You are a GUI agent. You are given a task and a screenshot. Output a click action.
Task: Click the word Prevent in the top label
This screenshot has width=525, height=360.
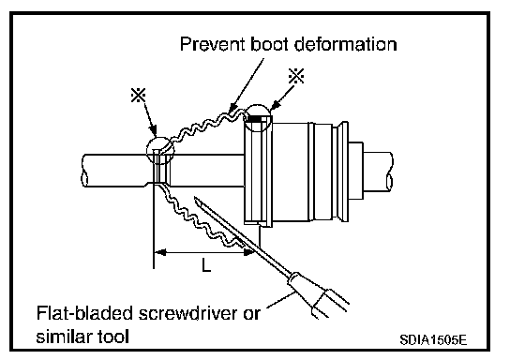213,44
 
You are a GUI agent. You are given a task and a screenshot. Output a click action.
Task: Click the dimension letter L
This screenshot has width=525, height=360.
206,264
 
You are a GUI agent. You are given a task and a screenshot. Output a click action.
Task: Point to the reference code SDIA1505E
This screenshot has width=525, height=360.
433,340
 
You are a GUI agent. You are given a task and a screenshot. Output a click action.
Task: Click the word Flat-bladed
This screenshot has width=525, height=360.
84,313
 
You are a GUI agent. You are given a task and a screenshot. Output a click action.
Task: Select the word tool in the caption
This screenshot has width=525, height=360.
113,336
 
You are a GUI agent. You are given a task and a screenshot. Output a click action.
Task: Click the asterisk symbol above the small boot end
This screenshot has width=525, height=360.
139,95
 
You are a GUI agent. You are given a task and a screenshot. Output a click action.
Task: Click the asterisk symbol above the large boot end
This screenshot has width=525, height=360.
296,76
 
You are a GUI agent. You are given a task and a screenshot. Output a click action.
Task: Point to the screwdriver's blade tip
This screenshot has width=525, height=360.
195,198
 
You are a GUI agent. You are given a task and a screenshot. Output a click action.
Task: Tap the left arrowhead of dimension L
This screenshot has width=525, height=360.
159,251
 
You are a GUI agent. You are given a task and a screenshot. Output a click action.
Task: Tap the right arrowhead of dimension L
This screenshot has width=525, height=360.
250,251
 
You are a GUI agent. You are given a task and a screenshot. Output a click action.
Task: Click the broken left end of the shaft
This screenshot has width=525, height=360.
84,170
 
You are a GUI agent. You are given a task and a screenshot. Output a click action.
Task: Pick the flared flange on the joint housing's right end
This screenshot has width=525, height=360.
343,172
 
